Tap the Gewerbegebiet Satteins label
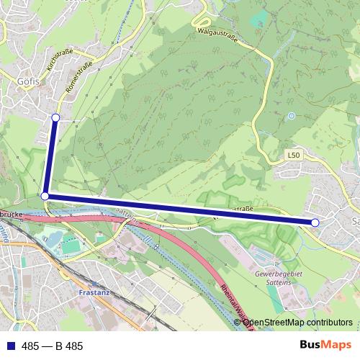(x=279, y=279)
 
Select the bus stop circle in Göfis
(x=55, y=117)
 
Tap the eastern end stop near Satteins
(x=315, y=222)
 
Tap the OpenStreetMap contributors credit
(x=297, y=323)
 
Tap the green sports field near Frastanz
(x=70, y=246)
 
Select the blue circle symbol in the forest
(x=291, y=115)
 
